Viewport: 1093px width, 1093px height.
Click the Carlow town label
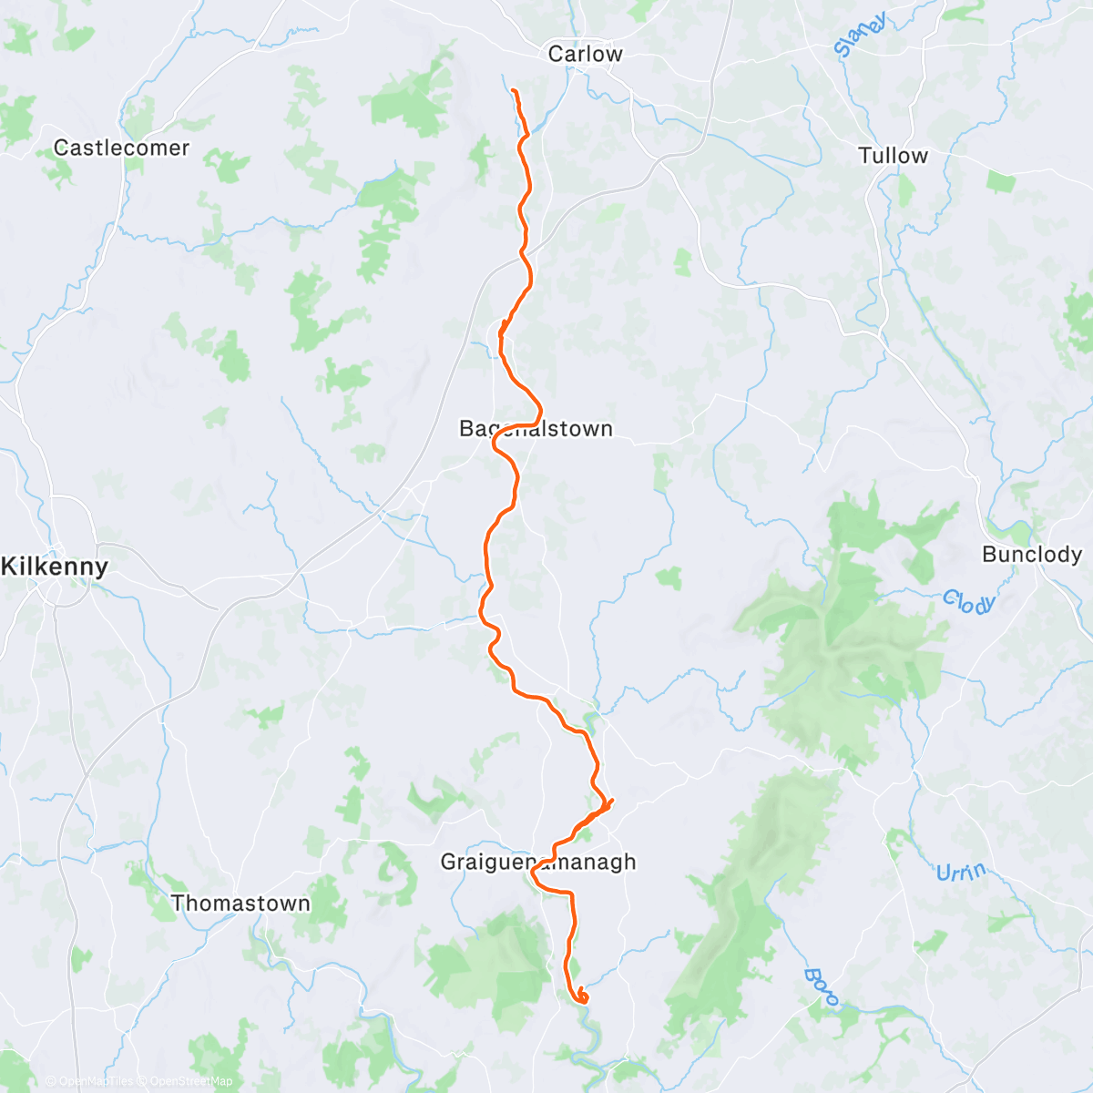(x=585, y=54)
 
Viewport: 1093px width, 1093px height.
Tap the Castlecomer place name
(x=121, y=148)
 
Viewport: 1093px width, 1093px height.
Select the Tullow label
(x=893, y=156)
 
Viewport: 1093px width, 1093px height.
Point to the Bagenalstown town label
(x=536, y=428)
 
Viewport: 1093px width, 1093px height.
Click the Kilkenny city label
(x=55, y=567)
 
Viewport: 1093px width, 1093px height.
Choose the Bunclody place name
(x=1031, y=554)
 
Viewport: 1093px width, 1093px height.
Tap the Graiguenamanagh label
(x=537, y=862)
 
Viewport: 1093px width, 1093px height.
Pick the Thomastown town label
(x=240, y=904)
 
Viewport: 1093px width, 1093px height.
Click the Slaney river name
(x=859, y=36)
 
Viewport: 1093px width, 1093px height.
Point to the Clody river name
(x=967, y=601)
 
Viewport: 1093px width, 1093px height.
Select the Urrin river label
(x=960, y=873)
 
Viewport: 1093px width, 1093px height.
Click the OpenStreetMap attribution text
(x=190, y=1081)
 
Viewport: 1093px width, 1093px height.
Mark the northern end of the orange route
(x=514, y=90)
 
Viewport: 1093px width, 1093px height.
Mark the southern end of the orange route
(x=581, y=998)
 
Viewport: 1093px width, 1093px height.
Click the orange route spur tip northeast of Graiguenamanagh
(x=612, y=801)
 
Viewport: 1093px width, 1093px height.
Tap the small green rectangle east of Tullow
(x=1000, y=182)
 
